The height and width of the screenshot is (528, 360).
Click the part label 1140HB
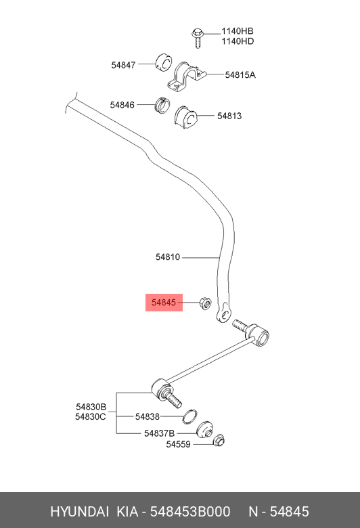238,31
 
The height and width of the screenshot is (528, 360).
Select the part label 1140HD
238,41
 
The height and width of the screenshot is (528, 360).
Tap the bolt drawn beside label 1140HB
198,38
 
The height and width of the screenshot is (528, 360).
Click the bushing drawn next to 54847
164,62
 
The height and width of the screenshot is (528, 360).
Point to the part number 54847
123,65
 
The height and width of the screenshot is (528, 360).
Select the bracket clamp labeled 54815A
187,78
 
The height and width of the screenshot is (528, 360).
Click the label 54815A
240,74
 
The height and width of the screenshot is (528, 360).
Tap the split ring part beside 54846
162,105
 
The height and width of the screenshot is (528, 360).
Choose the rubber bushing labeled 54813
186,118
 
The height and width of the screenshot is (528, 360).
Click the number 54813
229,116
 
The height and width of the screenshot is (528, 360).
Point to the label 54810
168,257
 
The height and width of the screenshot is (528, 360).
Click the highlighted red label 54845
164,303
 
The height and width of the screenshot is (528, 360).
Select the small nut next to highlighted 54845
206,303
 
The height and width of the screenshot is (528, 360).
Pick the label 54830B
91,407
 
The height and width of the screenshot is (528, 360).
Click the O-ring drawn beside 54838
189,416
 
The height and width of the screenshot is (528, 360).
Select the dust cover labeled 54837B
204,430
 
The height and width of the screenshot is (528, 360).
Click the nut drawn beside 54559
219,440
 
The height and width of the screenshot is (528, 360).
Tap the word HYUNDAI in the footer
79,512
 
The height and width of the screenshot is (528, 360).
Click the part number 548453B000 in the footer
190,512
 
